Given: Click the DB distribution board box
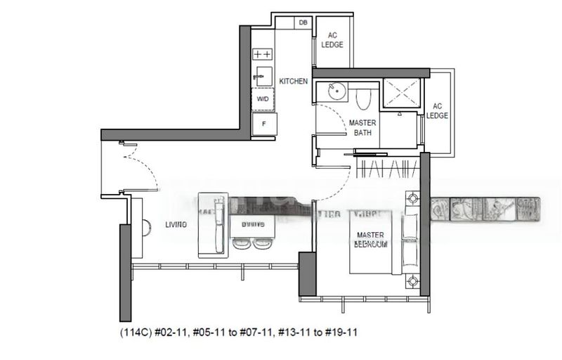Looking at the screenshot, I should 303,22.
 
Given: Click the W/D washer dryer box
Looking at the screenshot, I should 262,99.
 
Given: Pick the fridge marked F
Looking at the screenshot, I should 264,123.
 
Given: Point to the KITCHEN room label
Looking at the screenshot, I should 293,82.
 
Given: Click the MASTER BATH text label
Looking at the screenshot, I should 362,127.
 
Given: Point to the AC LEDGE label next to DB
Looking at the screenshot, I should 332,39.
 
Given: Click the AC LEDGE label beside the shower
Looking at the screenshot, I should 436,110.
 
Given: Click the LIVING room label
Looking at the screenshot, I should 176,225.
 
